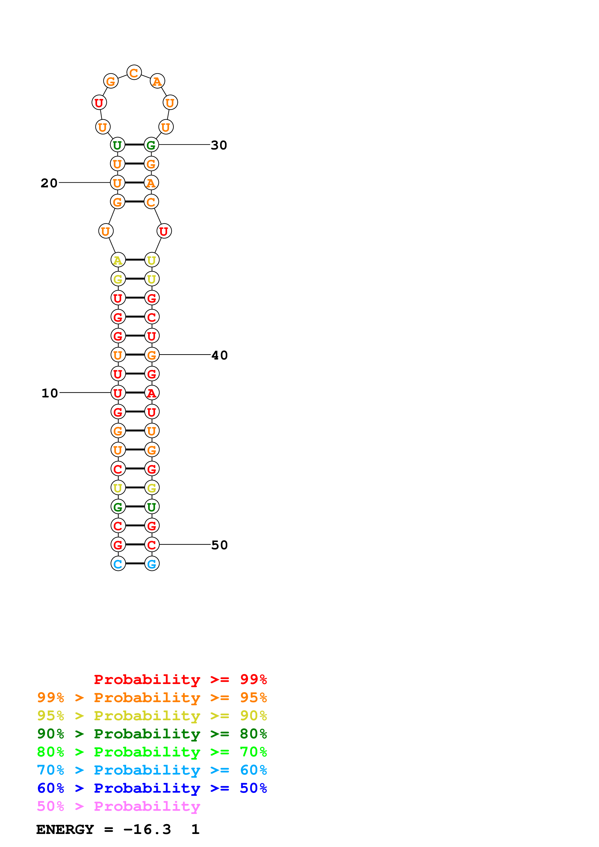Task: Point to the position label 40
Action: [220, 355]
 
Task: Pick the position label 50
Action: [220, 545]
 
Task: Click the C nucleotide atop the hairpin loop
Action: [134, 73]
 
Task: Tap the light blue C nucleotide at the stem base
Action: [118, 564]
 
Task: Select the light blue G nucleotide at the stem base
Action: [152, 564]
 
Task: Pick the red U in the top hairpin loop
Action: [99, 103]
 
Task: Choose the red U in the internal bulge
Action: [164, 231]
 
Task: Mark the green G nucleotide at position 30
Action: [151, 145]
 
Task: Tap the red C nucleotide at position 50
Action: [152, 545]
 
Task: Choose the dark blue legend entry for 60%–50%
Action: [152, 788]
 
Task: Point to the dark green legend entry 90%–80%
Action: [152, 734]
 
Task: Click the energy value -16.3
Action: [147, 829]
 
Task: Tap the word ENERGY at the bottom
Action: [65, 829]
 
